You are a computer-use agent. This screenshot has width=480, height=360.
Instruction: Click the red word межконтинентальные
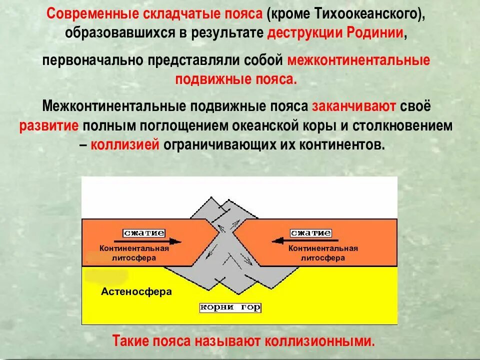(358, 60)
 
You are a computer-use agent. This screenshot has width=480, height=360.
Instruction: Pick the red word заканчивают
(354, 106)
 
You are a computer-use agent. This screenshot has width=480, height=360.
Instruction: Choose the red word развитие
(49, 125)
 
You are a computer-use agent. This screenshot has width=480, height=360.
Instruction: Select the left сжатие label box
(144, 233)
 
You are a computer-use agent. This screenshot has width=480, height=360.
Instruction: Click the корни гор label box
(230, 307)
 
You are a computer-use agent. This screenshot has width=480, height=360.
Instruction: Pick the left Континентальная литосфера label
(134, 253)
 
